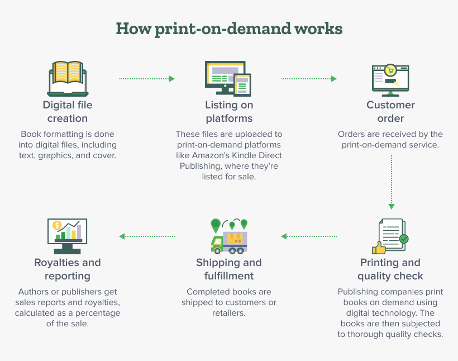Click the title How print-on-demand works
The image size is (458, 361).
[229, 28]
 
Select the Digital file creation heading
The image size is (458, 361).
[68, 111]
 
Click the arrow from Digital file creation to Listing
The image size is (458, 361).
[147, 79]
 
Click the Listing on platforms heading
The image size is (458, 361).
[229, 111]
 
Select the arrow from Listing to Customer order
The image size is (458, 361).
[308, 79]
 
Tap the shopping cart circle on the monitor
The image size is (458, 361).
[391, 70]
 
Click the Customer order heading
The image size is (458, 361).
[390, 111]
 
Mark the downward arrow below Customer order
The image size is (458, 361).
[392, 182]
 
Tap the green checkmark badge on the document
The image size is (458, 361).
[403, 239]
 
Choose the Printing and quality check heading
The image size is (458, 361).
[390, 269]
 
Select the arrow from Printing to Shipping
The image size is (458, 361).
[309, 236]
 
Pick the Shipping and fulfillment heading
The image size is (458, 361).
[229, 269]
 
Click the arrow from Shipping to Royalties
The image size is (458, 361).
[147, 236]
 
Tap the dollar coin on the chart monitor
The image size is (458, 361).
[56, 226]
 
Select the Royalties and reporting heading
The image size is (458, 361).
[68, 269]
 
